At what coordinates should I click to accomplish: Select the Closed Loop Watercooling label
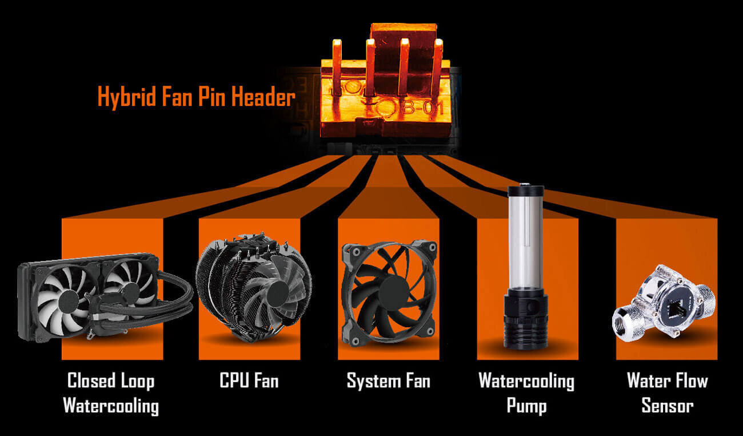click(111, 393)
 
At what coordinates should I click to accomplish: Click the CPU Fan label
click(249, 380)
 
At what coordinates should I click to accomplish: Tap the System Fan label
click(388, 380)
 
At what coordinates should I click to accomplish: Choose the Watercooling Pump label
click(526, 393)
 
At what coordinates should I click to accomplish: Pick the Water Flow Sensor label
click(667, 393)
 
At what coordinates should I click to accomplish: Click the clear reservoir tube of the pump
click(526, 246)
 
